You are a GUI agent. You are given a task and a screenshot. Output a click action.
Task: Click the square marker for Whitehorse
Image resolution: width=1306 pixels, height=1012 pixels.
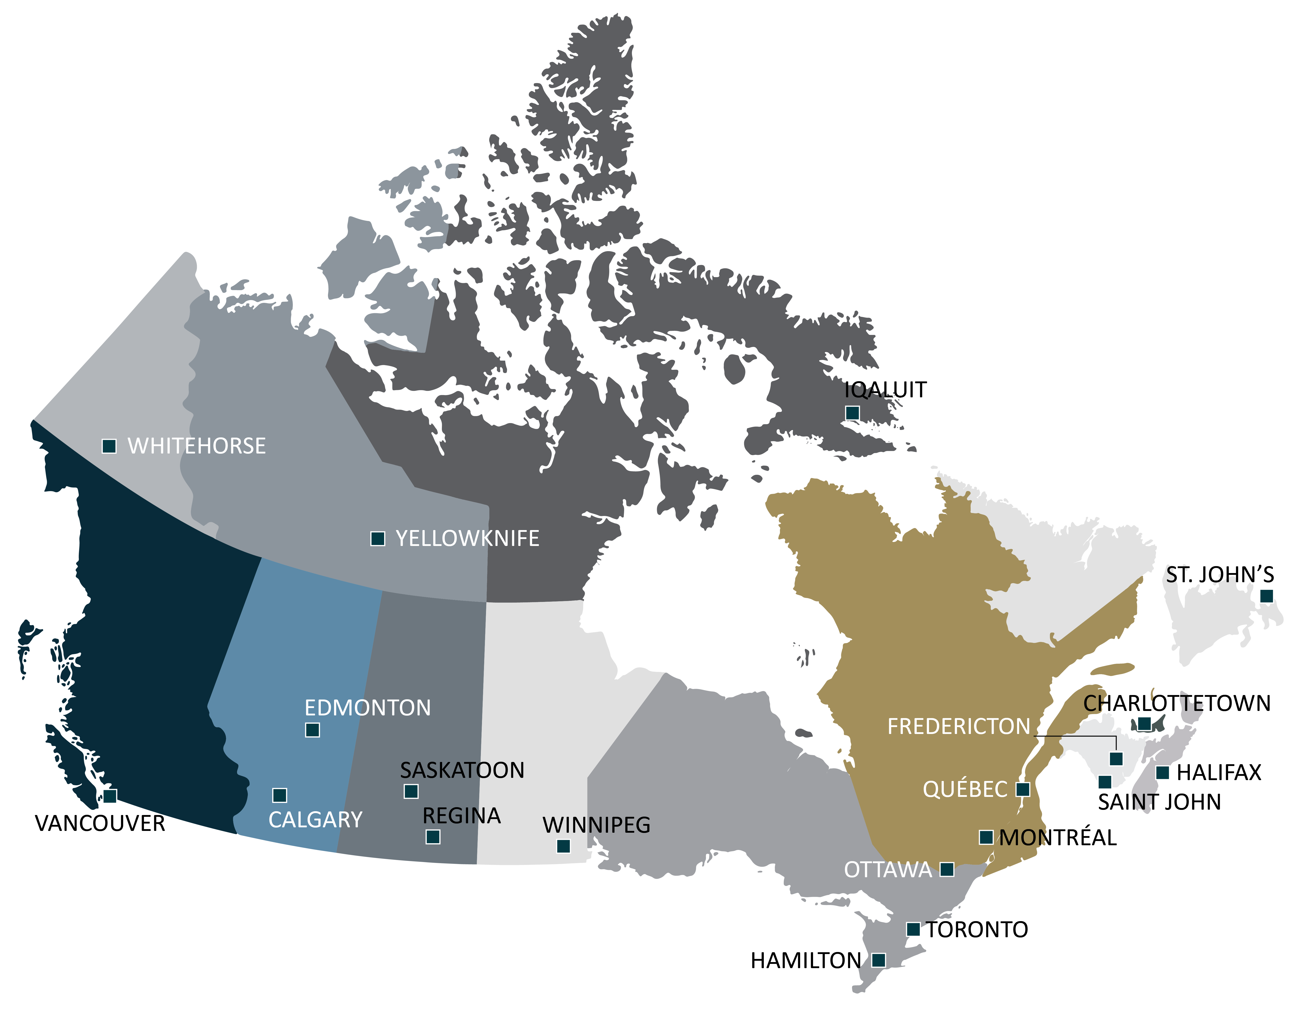[109, 446]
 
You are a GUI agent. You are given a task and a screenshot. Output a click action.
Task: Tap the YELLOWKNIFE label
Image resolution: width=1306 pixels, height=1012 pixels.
[467, 539]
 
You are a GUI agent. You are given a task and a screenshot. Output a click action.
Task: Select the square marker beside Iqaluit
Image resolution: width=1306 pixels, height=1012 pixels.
[852, 413]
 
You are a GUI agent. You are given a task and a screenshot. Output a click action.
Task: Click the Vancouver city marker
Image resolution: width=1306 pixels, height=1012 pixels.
[110, 796]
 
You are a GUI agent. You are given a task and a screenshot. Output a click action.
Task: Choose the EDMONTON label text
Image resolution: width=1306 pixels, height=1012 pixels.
[367, 708]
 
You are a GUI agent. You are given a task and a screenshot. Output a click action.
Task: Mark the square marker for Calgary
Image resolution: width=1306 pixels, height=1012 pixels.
[279, 795]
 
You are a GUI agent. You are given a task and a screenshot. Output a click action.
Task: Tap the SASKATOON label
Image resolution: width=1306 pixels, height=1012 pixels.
[462, 770]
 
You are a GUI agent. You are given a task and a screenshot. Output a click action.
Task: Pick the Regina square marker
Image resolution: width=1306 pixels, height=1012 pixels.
[433, 837]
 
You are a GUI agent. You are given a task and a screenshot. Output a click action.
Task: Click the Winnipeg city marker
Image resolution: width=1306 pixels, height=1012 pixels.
[563, 846]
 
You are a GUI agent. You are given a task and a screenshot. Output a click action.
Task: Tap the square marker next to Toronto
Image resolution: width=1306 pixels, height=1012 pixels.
[913, 929]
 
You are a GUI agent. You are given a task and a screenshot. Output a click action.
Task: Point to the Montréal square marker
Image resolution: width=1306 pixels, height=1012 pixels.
[986, 837]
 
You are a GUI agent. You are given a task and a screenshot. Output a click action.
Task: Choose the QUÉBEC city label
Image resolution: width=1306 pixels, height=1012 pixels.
[965, 789]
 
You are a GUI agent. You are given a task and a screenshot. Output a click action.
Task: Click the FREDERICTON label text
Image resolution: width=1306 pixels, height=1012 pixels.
[959, 727]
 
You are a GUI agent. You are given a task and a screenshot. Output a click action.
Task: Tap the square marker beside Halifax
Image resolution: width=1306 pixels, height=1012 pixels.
[1163, 773]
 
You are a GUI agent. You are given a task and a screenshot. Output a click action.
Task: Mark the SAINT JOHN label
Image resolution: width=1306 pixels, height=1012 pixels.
[1159, 802]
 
